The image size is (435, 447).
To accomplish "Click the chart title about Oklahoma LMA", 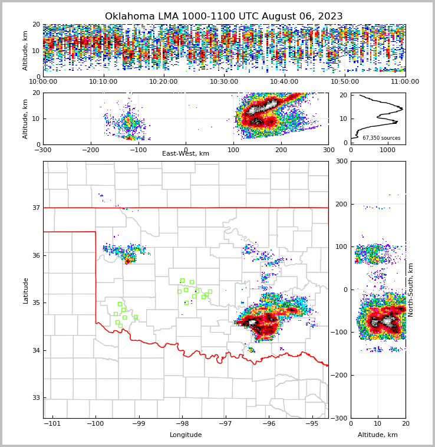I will [x=223, y=17].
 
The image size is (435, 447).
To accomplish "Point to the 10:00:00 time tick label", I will [x=43, y=81].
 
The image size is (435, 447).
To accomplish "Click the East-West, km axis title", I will [x=185, y=154].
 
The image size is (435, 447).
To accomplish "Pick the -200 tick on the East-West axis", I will [x=90, y=150].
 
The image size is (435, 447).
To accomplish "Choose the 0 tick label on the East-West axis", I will [x=186, y=150].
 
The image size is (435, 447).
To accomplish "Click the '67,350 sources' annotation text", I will [x=381, y=138].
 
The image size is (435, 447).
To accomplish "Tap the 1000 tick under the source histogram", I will [x=387, y=150].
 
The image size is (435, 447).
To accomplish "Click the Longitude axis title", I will [x=185, y=435].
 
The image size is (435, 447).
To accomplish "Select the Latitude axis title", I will [x=25, y=290].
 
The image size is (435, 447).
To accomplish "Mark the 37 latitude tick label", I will [x=35, y=208].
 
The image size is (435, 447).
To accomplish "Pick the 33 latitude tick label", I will [x=35, y=398].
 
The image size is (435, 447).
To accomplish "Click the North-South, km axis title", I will [x=411, y=290].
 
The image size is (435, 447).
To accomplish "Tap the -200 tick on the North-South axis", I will [x=341, y=375].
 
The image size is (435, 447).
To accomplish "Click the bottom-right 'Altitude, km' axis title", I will [x=378, y=435].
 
